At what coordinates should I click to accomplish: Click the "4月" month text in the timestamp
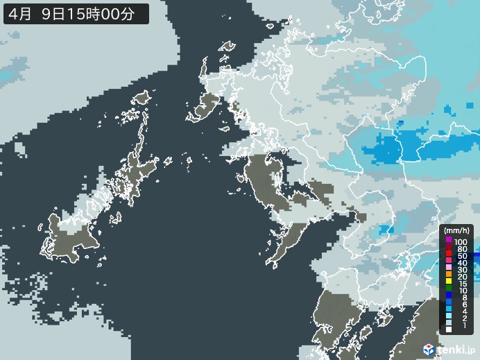point(20,13)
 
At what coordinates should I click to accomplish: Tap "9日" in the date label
point(55,13)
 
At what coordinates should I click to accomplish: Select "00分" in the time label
point(127,13)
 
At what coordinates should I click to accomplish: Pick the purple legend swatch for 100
point(449,241)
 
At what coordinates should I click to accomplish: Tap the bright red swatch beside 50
point(449,256)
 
